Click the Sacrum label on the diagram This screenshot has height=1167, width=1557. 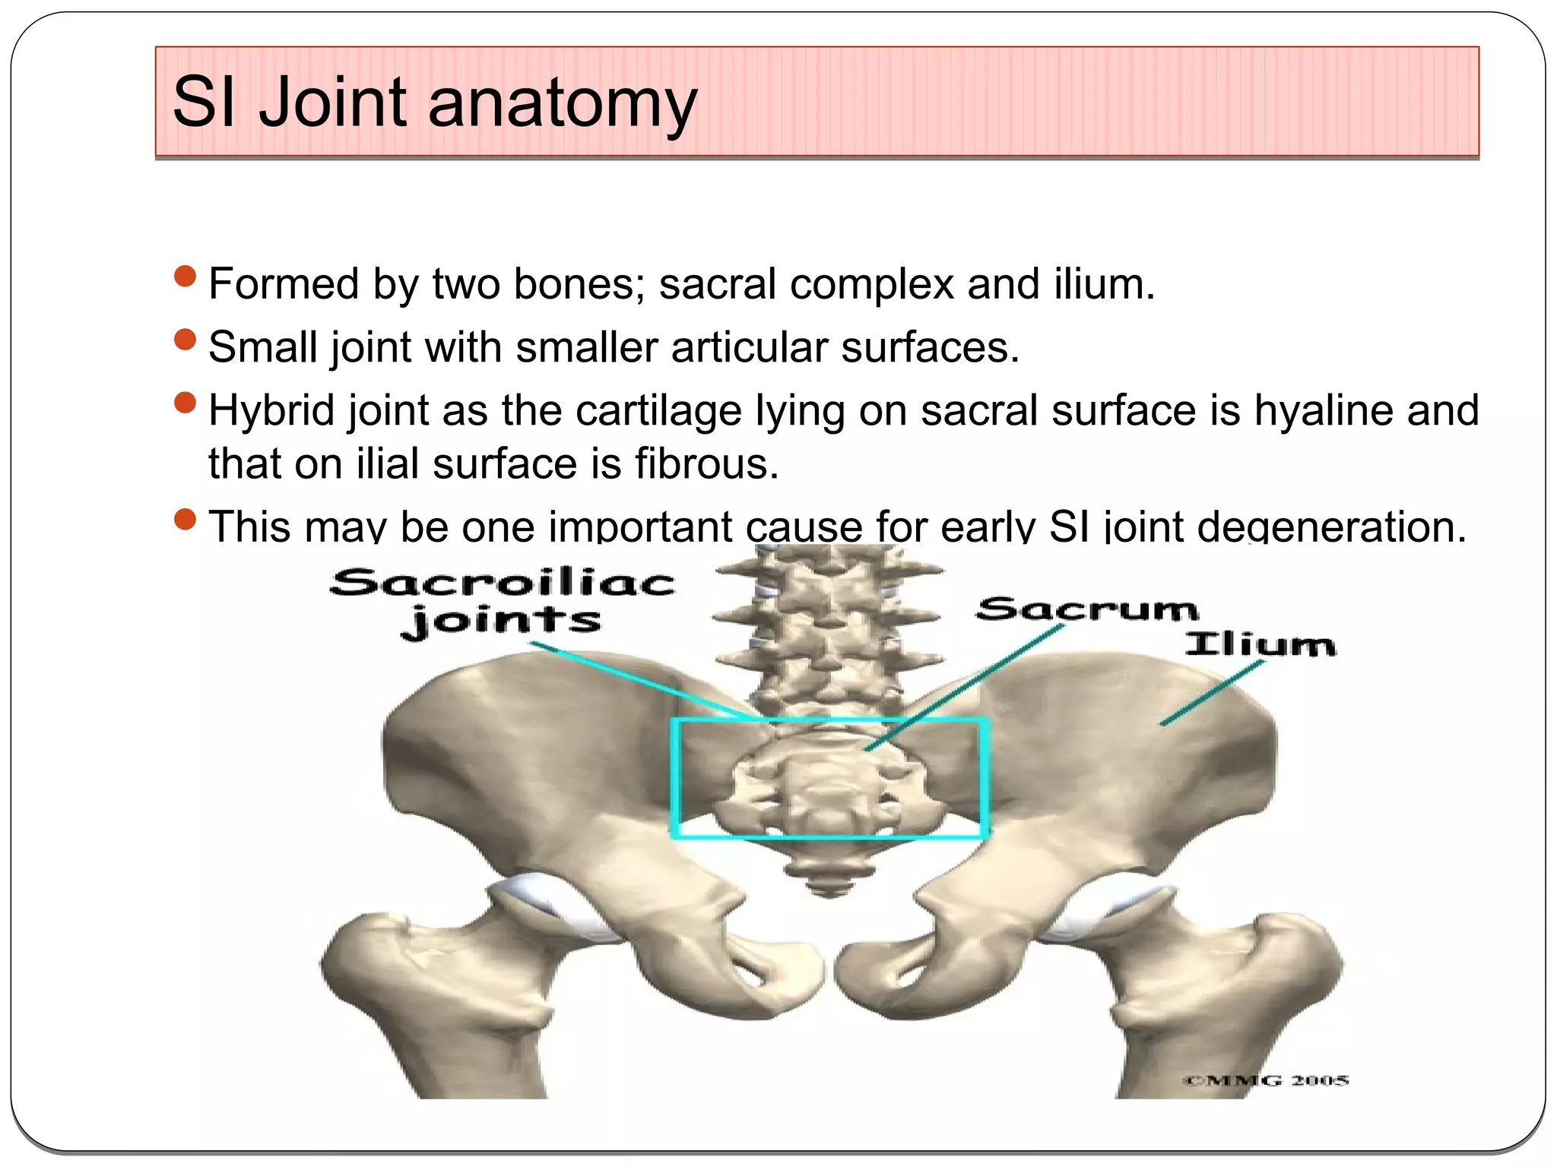[1087, 609]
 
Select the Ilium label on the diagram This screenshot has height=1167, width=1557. [1260, 645]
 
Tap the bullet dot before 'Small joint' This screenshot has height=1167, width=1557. [185, 339]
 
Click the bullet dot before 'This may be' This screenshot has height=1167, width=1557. [185, 519]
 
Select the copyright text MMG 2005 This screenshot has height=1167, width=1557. [1265, 1080]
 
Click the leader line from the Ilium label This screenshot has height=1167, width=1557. [1213, 693]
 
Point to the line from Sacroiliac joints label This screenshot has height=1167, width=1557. [639, 680]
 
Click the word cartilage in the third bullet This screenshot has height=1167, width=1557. [658, 410]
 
